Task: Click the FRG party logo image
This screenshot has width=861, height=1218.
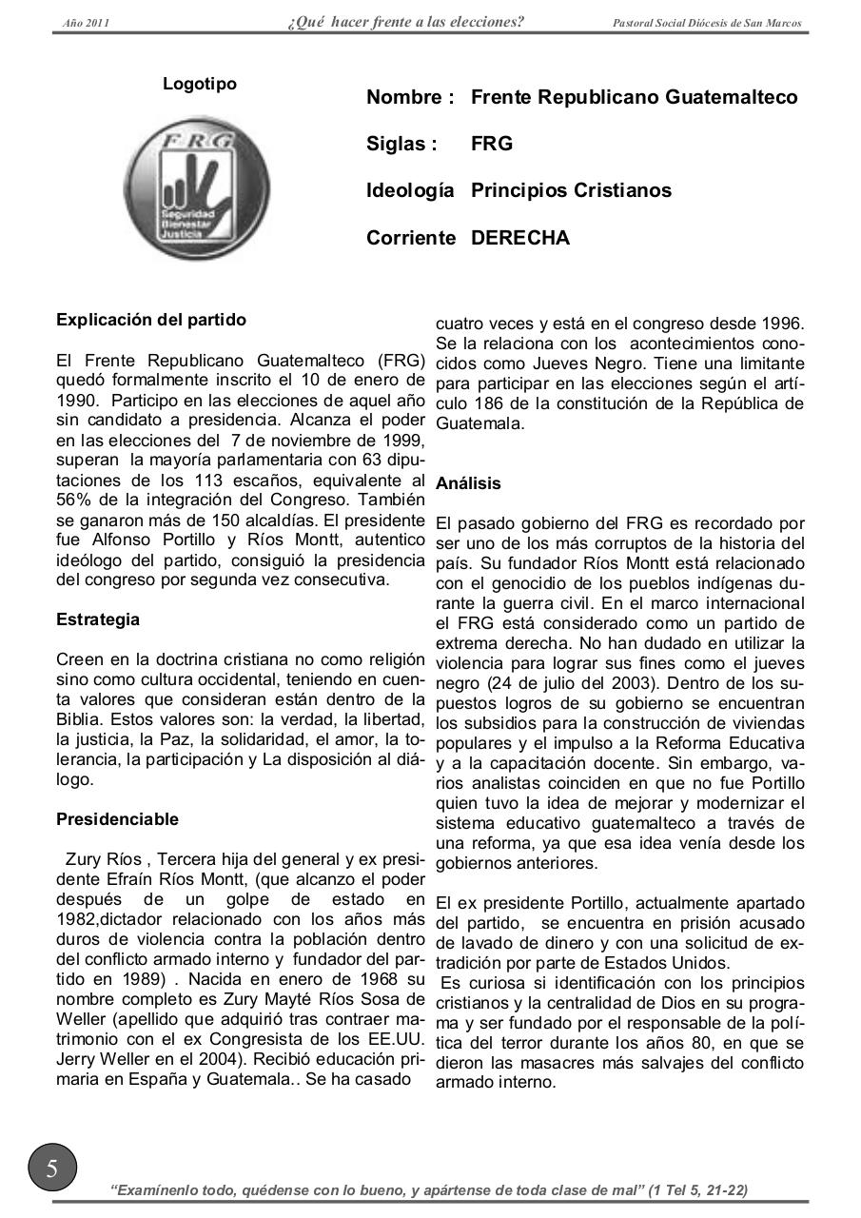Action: pyautogui.click(x=197, y=187)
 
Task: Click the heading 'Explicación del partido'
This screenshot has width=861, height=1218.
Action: pyautogui.click(x=150, y=320)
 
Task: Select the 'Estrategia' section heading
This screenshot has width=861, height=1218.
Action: pyautogui.click(x=98, y=619)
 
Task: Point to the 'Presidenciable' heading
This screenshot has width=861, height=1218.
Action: pyautogui.click(x=117, y=819)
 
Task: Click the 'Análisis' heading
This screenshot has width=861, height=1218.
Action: pyautogui.click(x=468, y=483)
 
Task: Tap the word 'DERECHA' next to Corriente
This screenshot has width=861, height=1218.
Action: pyautogui.click(x=520, y=238)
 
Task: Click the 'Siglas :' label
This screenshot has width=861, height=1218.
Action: pyautogui.click(x=401, y=144)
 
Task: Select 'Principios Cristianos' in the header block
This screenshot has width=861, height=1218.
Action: pyautogui.click(x=571, y=190)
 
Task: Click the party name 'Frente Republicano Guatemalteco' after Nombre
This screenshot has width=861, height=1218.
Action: pyautogui.click(x=634, y=97)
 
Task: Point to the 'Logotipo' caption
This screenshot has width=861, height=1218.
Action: pyautogui.click(x=200, y=84)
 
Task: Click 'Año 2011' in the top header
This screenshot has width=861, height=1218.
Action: pyautogui.click(x=86, y=23)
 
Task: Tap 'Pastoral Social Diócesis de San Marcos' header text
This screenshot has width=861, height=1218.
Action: pyautogui.click(x=707, y=23)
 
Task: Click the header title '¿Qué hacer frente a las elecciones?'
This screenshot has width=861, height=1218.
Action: pyautogui.click(x=406, y=22)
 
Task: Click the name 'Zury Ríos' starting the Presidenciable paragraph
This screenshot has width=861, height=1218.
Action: pyautogui.click(x=101, y=860)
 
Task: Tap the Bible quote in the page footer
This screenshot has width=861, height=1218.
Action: pyautogui.click(x=429, y=1189)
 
